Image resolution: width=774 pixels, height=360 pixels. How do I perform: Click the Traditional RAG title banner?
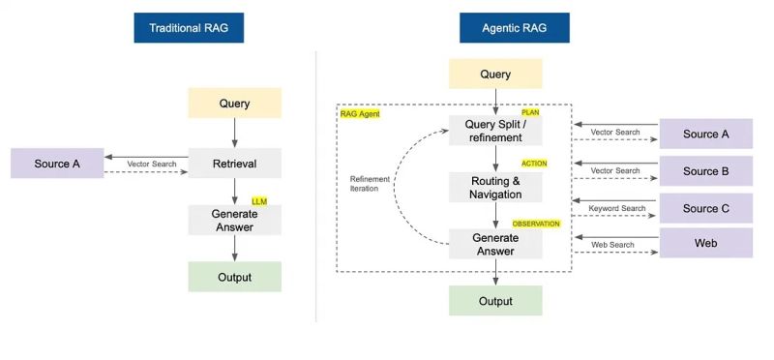click(x=189, y=28)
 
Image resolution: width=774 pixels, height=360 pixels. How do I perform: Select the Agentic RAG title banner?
click(x=515, y=28)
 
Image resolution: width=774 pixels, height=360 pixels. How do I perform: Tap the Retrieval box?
click(x=234, y=164)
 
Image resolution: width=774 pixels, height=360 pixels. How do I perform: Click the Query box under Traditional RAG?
click(x=234, y=104)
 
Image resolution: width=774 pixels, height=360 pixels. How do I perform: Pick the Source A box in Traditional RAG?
click(x=57, y=164)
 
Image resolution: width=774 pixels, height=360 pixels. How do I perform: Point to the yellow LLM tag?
click(x=258, y=201)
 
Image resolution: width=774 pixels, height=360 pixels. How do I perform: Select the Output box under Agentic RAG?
click(x=495, y=301)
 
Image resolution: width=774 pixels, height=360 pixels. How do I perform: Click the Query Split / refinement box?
click(x=495, y=131)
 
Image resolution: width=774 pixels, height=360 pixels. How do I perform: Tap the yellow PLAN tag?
click(x=530, y=113)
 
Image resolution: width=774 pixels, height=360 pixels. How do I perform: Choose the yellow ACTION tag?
click(x=534, y=164)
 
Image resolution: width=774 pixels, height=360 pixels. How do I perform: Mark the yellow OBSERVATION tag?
click(x=536, y=224)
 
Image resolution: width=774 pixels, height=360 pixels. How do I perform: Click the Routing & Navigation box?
click(x=495, y=187)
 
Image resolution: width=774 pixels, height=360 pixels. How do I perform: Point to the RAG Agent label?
click(x=360, y=113)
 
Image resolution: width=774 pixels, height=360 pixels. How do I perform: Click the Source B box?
click(x=705, y=171)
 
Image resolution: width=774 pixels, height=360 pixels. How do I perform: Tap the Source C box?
click(x=705, y=208)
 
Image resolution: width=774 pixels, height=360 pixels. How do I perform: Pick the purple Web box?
click(x=705, y=243)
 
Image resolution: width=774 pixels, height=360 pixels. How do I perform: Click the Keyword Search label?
click(x=615, y=208)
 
